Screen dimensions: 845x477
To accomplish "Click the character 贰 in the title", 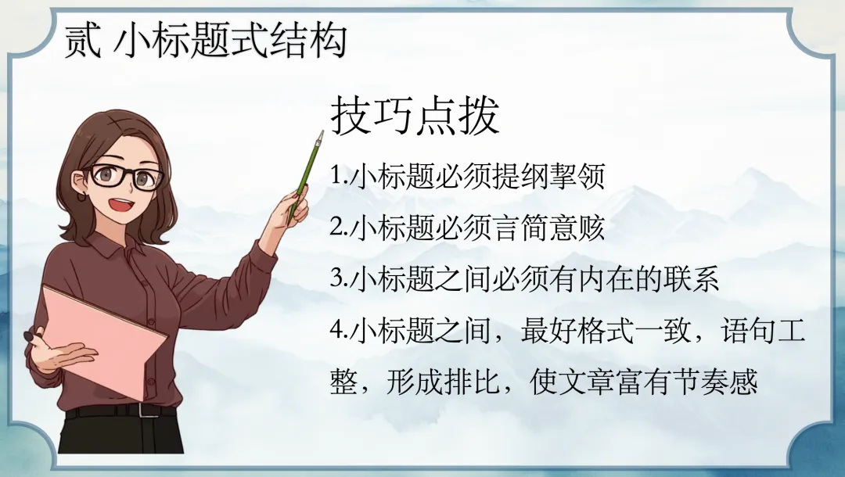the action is tap(82, 41).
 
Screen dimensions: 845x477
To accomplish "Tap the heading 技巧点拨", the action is tap(415, 115).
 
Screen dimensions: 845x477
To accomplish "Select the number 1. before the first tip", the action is tap(339, 176).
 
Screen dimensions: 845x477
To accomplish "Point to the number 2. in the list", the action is tap(339, 228).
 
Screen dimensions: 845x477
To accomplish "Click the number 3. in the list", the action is tap(339, 279).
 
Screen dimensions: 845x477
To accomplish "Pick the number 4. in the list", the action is tap(339, 330).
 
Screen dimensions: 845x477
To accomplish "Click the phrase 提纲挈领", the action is tap(548, 176).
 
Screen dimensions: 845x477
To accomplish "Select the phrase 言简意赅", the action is tap(548, 228).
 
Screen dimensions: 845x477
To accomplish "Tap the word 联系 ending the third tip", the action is tap(692, 279).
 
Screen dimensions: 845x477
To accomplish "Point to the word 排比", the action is tap(472, 381).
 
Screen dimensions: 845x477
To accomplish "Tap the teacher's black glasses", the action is tap(126, 175).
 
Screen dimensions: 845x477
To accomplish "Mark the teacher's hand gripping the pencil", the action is tap(293, 207).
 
